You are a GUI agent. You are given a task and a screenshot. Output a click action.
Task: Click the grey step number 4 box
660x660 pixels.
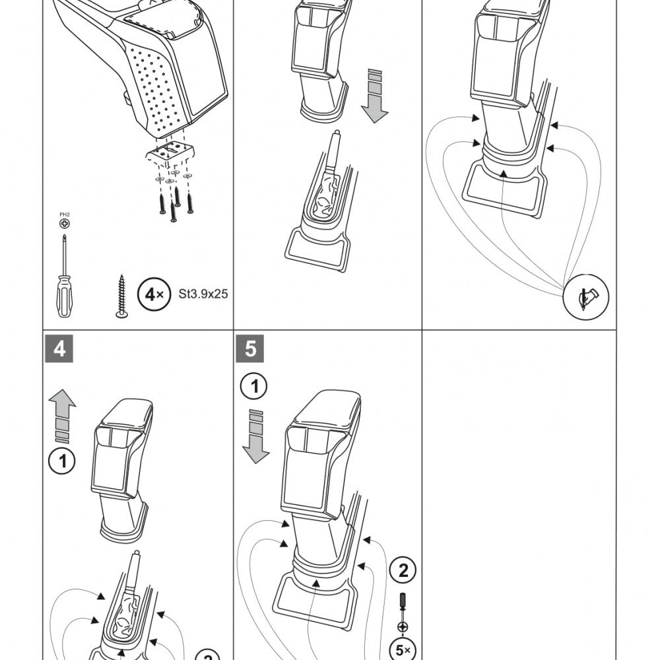coord(60,348)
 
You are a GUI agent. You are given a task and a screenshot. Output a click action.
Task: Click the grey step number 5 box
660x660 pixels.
coord(250,348)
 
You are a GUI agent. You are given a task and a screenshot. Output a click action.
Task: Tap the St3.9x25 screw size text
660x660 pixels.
coord(203,294)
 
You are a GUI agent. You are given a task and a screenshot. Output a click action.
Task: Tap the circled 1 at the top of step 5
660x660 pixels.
coord(254,387)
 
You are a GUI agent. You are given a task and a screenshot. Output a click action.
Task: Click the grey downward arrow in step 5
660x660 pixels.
coord(256,438)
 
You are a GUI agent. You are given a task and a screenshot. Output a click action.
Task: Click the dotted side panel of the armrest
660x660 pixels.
coord(158,86)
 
